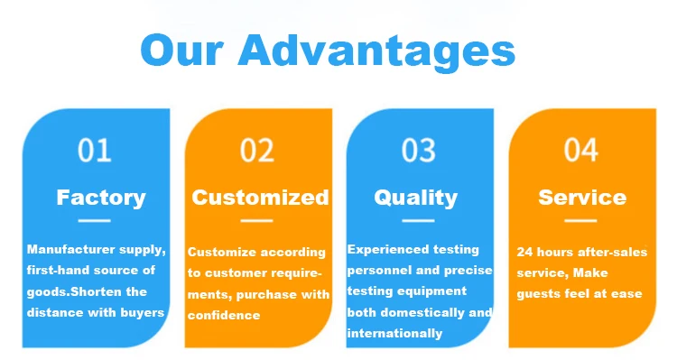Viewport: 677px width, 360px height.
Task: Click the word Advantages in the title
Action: pos(376,51)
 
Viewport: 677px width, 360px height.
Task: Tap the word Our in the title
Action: pos(181,51)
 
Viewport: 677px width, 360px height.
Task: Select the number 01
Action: pos(94,150)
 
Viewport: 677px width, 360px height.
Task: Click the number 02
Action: pos(257,150)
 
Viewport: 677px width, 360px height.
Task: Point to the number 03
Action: pos(418,150)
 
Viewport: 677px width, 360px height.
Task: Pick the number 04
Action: pos(580,150)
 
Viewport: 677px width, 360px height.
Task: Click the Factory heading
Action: pos(101,198)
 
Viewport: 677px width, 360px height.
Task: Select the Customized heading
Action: pos(260,198)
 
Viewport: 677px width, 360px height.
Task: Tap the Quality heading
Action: pos(416,198)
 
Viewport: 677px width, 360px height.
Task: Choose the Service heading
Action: pos(582,198)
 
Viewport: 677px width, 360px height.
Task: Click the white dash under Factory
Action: pos(94,221)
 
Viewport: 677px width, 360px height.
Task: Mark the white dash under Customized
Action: pos(257,221)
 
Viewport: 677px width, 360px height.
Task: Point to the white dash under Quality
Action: pos(418,221)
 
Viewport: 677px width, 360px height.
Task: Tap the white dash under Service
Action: pos(580,221)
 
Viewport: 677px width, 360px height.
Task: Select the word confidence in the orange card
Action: pos(224,315)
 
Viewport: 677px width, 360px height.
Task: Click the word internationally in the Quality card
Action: pos(394,333)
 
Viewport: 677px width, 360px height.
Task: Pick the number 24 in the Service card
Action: pos(524,252)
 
